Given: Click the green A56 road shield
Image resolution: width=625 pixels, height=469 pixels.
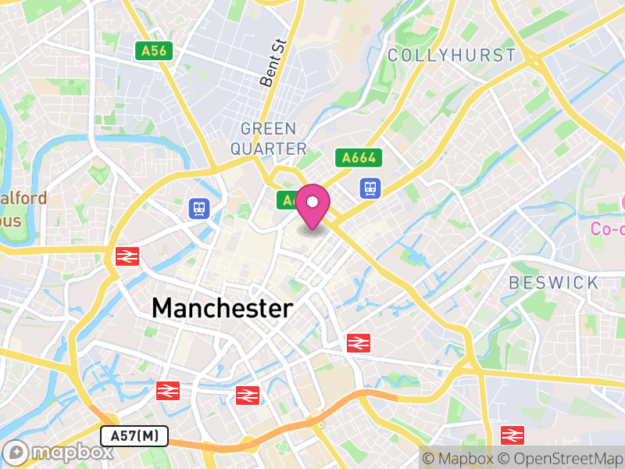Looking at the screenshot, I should (x=154, y=51).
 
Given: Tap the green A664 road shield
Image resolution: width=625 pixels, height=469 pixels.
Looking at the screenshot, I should (x=359, y=158).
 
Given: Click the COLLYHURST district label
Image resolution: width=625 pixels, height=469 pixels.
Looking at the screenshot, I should (x=452, y=55).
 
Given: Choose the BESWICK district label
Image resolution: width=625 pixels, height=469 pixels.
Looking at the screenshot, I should (x=553, y=282).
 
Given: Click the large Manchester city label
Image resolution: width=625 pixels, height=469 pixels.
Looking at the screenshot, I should (x=223, y=308).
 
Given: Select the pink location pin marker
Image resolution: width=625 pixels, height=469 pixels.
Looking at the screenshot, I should (x=312, y=205).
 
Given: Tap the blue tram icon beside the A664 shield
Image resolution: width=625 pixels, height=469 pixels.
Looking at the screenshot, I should (x=370, y=188).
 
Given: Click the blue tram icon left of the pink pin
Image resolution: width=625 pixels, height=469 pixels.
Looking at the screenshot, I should (x=200, y=208).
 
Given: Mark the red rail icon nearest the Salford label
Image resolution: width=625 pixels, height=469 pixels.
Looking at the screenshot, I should (x=124, y=256).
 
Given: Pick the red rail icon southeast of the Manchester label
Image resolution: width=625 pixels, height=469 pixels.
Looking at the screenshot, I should (x=358, y=342).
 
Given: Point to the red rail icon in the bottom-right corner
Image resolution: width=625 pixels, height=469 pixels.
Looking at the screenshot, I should (x=512, y=435).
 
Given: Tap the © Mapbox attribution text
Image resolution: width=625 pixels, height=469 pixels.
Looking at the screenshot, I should (x=459, y=459).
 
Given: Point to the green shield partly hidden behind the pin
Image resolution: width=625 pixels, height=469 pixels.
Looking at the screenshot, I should (x=287, y=201).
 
